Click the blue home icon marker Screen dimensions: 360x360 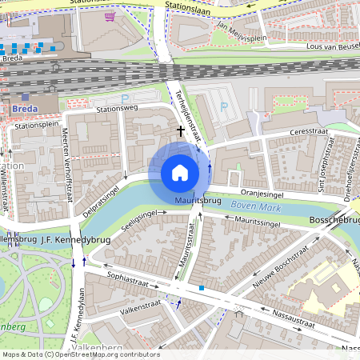click(180, 173)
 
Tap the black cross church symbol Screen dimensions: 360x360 click(181, 130)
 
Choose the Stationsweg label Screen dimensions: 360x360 click(117, 109)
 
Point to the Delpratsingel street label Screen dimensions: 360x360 click(101, 200)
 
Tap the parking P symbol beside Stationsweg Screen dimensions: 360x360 click(123, 98)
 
